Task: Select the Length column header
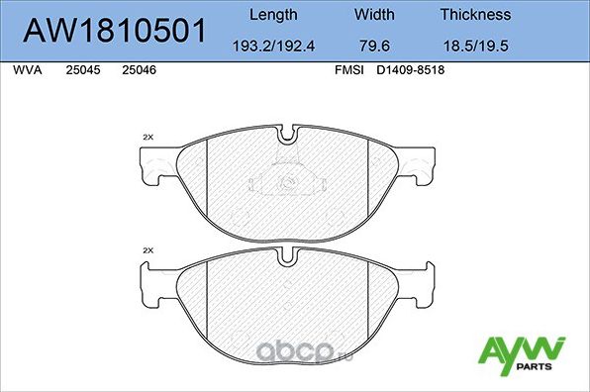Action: [x=272, y=15]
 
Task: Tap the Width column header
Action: [x=373, y=15]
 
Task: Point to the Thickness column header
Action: [x=475, y=15]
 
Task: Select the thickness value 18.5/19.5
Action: [x=475, y=46]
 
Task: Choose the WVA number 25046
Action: [x=138, y=71]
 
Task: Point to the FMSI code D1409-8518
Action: [x=412, y=71]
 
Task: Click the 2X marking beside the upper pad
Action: [x=148, y=136]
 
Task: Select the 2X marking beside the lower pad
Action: [x=148, y=250]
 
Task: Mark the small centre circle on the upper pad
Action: [x=288, y=181]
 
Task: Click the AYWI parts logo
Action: [x=522, y=353]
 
